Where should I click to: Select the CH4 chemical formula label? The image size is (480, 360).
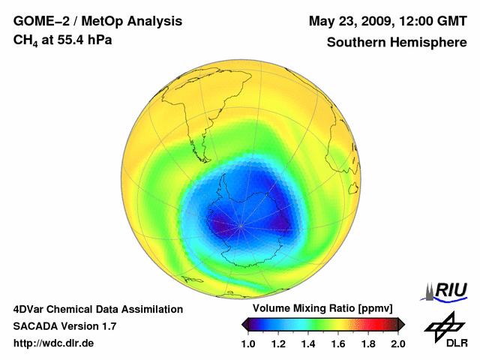pyautogui.click(x=26, y=39)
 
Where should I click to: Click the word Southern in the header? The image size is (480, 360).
pyautogui.click(x=355, y=41)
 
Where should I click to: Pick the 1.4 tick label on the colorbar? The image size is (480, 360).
pyautogui.click(x=308, y=343)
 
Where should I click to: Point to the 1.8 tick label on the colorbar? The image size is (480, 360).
pyautogui.click(x=368, y=343)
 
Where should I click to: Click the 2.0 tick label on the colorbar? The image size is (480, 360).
pyautogui.click(x=398, y=343)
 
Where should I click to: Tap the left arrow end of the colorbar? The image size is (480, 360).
pyautogui.click(x=245, y=324)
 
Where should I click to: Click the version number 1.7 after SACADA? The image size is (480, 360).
pyautogui.click(x=106, y=326)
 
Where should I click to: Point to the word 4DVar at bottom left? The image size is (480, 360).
pyautogui.click(x=30, y=309)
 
